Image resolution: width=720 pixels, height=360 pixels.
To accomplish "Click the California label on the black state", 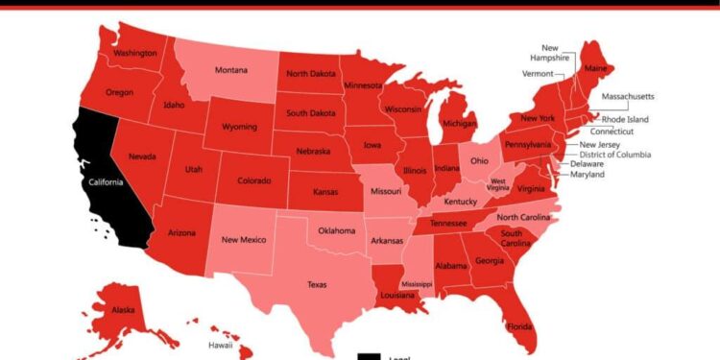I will [107, 182].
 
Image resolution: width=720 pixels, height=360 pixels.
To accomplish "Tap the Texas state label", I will [317, 284].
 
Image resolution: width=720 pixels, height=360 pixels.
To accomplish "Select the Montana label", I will [230, 70].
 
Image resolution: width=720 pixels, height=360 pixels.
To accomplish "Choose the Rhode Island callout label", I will [625, 119].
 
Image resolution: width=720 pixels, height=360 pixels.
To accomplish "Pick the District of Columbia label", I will [614, 154].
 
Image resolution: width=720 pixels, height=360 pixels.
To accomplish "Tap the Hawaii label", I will [221, 345].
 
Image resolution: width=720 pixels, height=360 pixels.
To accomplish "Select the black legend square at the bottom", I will [368, 356].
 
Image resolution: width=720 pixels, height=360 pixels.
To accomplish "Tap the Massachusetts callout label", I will [628, 97].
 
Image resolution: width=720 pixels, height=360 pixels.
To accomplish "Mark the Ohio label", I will [480, 161].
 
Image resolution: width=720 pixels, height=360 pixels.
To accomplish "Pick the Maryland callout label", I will [588, 175].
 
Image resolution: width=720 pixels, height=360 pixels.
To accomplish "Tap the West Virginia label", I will [499, 185].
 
